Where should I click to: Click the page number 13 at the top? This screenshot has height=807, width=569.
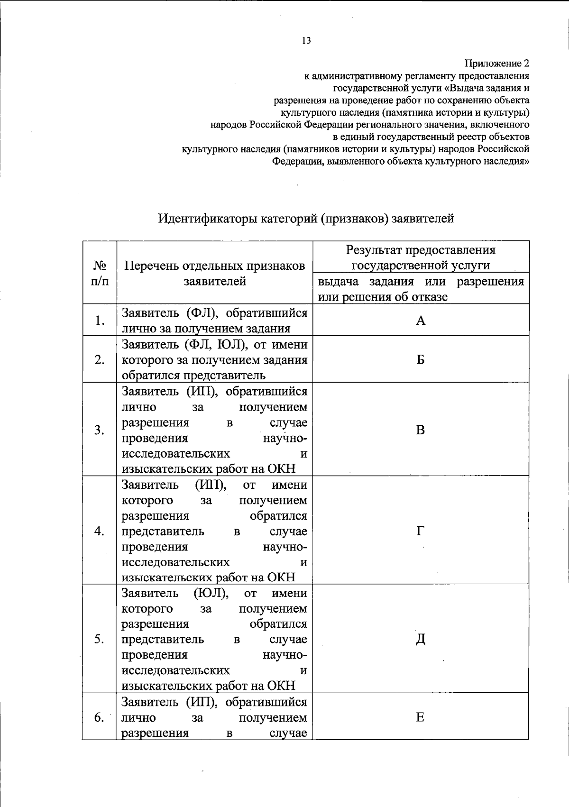click(x=306, y=41)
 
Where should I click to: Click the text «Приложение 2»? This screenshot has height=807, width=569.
click(x=496, y=64)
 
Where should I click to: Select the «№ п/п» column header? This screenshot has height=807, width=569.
click(x=100, y=273)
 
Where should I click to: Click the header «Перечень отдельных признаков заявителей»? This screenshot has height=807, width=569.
click(x=214, y=273)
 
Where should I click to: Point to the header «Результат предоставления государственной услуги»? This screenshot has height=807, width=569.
click(x=421, y=257)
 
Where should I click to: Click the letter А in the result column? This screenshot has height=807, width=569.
click(x=421, y=321)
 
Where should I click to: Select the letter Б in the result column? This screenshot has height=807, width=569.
click(x=421, y=360)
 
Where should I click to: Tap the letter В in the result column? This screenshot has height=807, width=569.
click(x=421, y=430)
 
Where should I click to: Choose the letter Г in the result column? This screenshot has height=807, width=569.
click(x=421, y=531)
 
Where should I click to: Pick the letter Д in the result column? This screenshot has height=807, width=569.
click(x=421, y=640)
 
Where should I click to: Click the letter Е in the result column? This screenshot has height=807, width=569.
click(x=421, y=717)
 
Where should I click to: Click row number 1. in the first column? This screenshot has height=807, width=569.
click(x=100, y=321)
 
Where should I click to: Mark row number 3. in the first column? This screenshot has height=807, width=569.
click(x=100, y=430)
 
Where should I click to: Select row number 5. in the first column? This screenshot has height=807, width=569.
click(x=100, y=640)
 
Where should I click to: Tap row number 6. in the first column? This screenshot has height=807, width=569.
click(x=100, y=717)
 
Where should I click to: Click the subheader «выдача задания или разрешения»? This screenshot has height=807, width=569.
click(x=421, y=282)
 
